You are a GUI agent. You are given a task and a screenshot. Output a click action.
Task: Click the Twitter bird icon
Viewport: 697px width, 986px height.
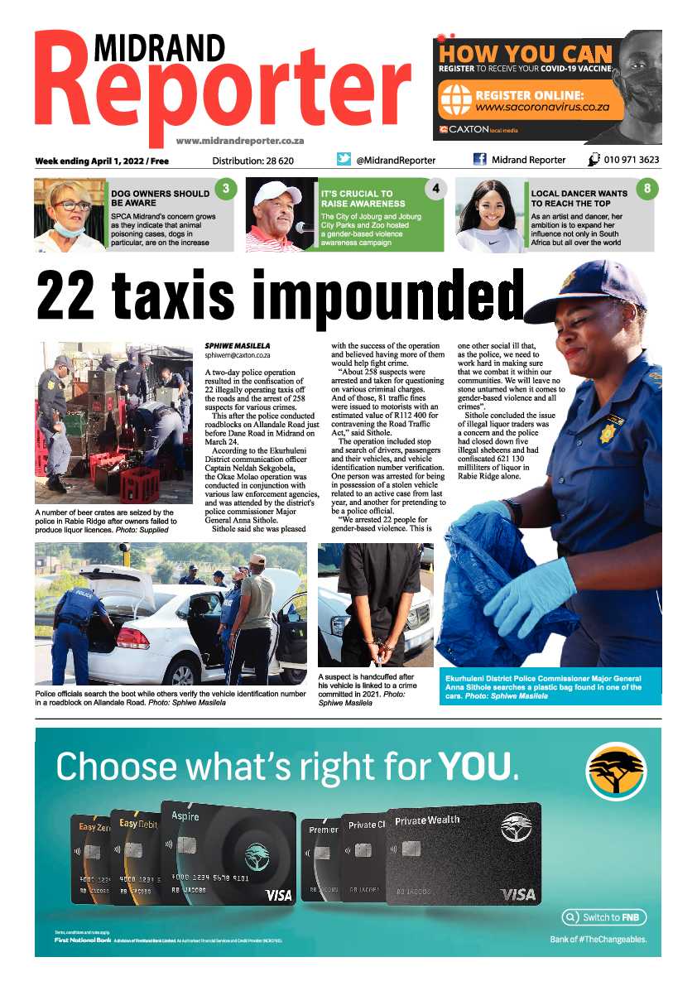coord(344,160)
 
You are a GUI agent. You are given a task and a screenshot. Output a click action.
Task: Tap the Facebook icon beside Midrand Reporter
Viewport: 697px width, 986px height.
coord(479,160)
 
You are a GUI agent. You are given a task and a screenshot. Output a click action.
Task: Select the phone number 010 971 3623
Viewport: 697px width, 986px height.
coord(632,160)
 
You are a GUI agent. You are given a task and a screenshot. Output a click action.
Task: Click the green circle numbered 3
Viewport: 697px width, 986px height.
coord(224,190)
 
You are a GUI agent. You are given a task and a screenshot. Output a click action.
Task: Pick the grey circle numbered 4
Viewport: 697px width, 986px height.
coord(435,190)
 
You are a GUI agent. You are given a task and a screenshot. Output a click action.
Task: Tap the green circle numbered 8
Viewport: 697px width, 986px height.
coord(647,190)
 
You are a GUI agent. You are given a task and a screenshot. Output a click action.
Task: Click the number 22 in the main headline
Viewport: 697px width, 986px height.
coord(70,296)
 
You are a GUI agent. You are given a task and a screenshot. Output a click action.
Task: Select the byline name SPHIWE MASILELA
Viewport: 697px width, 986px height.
coord(237,345)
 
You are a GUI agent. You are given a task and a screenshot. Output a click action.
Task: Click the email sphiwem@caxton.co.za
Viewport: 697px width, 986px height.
coord(238,355)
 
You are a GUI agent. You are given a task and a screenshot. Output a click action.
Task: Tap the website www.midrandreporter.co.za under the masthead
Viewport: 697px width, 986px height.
coord(240,141)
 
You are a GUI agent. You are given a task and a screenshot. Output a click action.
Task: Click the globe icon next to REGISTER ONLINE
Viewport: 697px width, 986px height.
coord(455,102)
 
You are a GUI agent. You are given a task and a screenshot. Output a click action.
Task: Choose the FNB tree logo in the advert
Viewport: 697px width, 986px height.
coord(615,771)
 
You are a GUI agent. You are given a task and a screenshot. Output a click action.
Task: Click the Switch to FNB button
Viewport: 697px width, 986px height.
coord(603,917)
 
